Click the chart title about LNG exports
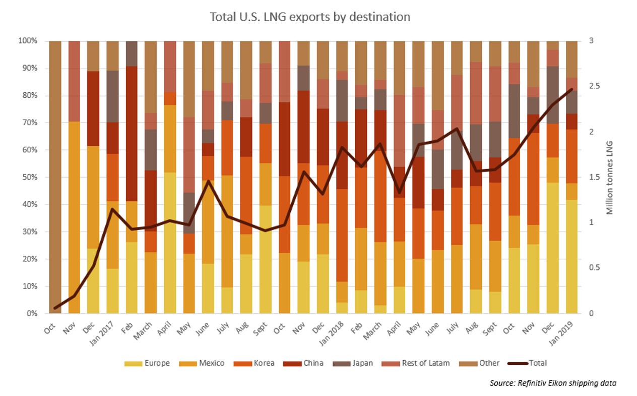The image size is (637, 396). [310, 17]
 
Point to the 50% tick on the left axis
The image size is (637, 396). [28, 177]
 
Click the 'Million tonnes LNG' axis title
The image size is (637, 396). [610, 177]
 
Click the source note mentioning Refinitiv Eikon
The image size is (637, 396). [552, 383]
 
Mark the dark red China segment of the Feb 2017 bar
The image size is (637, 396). [132, 134]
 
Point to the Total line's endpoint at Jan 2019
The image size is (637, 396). [571, 89]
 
